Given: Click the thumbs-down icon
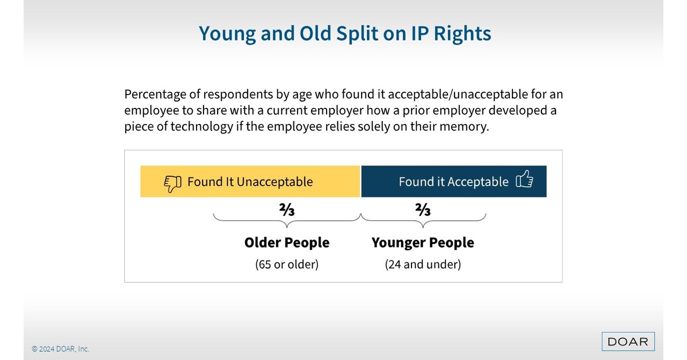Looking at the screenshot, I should click(x=172, y=183).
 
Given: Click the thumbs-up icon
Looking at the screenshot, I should click(x=524, y=179).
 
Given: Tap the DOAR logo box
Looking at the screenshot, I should click(x=628, y=341).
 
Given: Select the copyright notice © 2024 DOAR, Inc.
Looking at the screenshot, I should click(x=60, y=349).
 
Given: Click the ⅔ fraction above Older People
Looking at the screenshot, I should click(x=287, y=210).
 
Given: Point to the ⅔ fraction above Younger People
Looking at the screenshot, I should click(x=423, y=210).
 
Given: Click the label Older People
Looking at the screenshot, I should click(x=287, y=242).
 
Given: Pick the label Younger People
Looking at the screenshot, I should click(x=423, y=242).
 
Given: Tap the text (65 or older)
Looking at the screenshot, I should click(x=287, y=264).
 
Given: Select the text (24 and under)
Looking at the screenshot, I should click(x=423, y=264).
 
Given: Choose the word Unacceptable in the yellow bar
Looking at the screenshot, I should click(x=274, y=182).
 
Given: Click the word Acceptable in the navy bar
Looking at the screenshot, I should click(x=478, y=182).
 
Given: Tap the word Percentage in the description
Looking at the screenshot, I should click(x=155, y=95).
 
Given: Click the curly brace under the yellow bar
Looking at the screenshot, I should click(x=287, y=219).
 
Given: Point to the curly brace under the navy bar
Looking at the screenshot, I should click(x=423, y=219).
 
